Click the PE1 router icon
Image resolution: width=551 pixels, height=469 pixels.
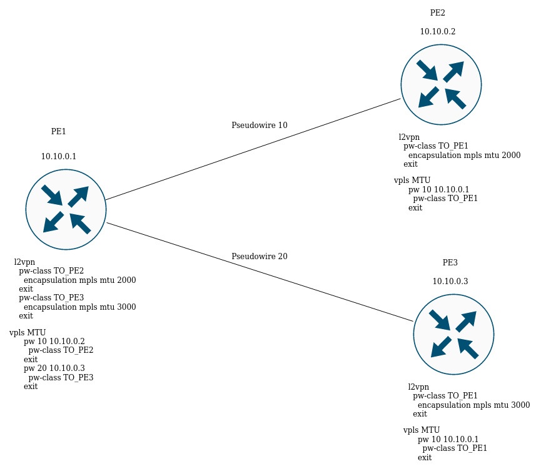pyautogui.click(x=66, y=209)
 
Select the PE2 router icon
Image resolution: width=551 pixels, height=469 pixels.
pyautogui.click(x=441, y=84)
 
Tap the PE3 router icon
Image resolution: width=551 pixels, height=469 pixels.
pyautogui.click(x=453, y=334)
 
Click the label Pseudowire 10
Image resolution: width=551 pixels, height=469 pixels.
pyautogui.click(x=260, y=125)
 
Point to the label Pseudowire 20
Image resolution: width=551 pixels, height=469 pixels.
pyautogui.click(x=260, y=256)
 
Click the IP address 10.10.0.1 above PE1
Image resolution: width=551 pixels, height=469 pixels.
pyautogui.click(x=59, y=156)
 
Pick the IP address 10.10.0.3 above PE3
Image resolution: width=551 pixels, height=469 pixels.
pyautogui.click(x=450, y=281)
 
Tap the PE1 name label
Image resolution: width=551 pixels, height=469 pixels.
pyautogui.click(x=59, y=131)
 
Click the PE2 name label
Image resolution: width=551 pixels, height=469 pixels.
pyautogui.click(x=438, y=12)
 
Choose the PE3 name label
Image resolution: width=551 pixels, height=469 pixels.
pyautogui.click(x=450, y=262)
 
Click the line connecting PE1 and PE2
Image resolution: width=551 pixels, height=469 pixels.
pyautogui.click(x=253, y=149)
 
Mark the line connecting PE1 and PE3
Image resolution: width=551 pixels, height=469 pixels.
pyautogui.click(x=260, y=272)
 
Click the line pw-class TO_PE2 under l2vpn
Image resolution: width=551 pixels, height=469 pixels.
pyautogui.click(x=51, y=271)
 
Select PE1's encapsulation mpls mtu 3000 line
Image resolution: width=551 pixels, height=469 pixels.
pyautogui.click(x=79, y=307)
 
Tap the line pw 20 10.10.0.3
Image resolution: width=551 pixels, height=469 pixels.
pyautogui.click(x=54, y=368)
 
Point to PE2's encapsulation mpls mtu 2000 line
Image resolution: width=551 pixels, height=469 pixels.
pyautogui.click(x=464, y=155)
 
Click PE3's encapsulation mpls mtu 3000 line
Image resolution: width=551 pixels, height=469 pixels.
pyautogui.click(x=473, y=405)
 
